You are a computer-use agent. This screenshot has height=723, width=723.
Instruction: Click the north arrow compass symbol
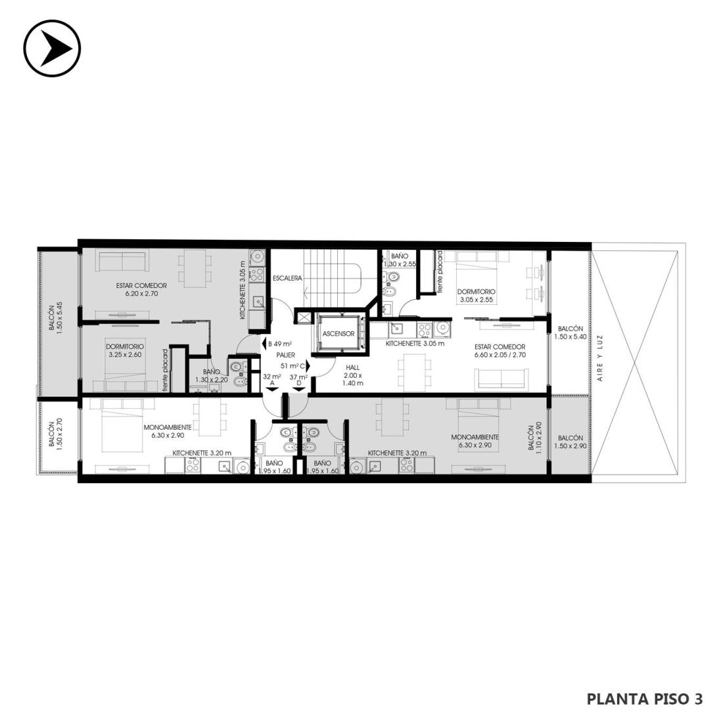[52, 48]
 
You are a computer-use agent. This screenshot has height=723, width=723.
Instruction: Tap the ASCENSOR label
[338, 334]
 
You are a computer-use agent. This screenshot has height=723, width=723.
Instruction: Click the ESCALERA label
[287, 278]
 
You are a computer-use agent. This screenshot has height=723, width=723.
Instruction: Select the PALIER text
[285, 355]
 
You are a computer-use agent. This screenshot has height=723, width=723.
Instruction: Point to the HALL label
[353, 367]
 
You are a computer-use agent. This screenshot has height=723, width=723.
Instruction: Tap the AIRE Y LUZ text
[600, 358]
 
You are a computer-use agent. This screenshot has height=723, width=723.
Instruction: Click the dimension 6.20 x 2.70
[141, 293]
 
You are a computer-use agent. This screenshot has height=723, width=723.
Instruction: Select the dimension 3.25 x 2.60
[125, 354]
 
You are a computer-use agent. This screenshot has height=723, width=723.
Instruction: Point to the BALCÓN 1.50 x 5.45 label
[55, 318]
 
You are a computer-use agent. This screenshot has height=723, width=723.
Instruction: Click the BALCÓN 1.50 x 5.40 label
[571, 333]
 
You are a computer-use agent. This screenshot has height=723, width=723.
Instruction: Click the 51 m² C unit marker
[296, 365]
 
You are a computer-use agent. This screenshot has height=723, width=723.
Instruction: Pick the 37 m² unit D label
[298, 379]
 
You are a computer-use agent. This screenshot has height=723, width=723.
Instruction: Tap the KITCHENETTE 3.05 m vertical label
[242, 291]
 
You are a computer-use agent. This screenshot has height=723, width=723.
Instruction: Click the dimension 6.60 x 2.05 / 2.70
[500, 355]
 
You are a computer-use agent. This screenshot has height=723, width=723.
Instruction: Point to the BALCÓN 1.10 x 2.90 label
[535, 438]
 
